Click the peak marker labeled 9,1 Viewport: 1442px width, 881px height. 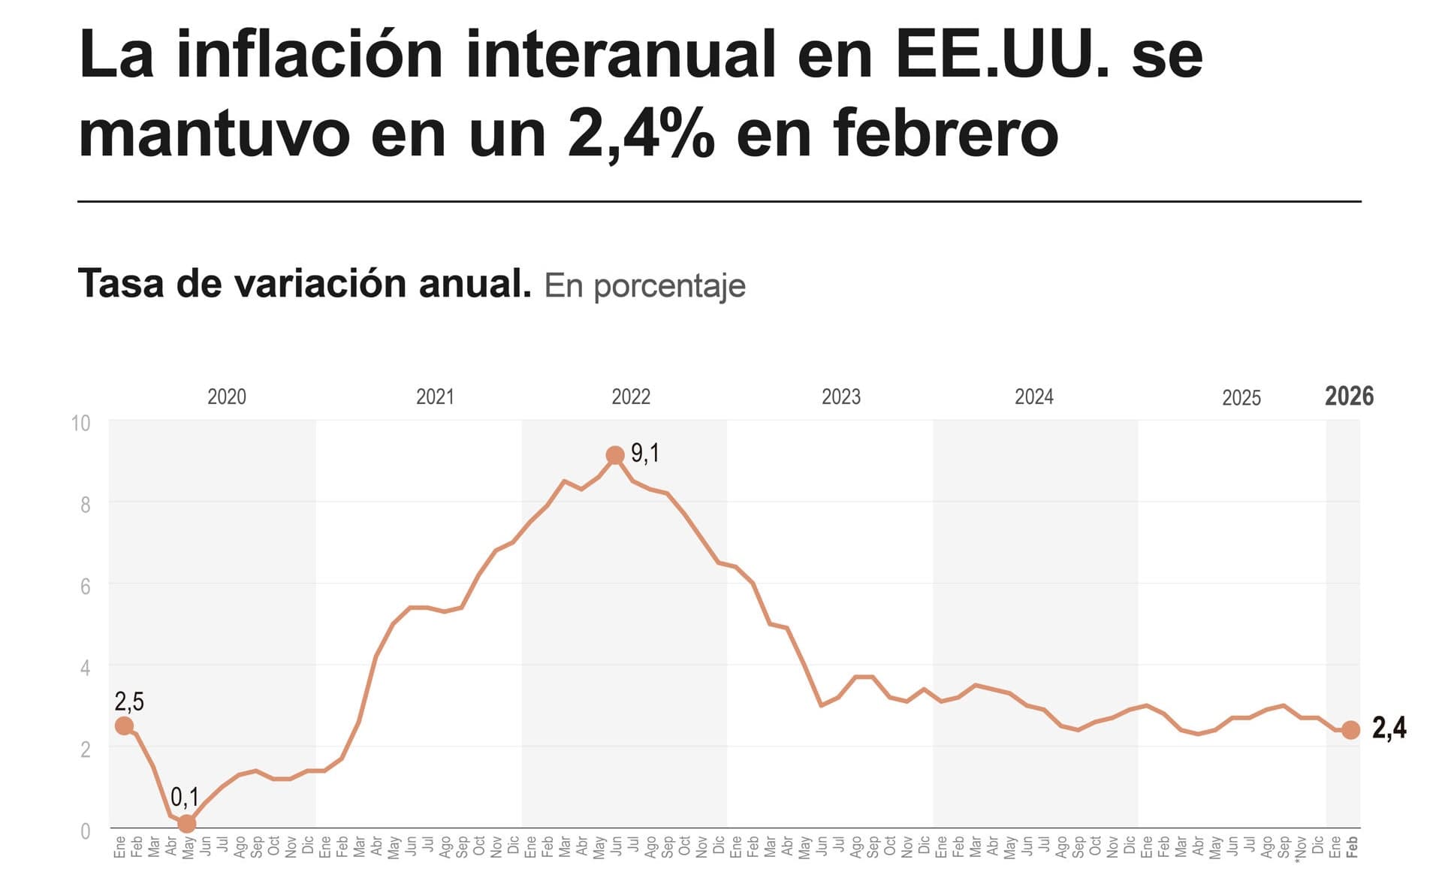(615, 455)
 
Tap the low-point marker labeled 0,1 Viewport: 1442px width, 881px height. (187, 824)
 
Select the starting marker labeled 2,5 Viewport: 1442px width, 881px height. (125, 726)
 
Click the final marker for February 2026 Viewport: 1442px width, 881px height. (1350, 730)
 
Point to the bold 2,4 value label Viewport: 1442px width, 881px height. (1389, 728)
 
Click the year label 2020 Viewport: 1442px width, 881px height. (226, 397)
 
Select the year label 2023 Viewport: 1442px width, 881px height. (840, 397)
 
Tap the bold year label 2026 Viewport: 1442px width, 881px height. (1349, 396)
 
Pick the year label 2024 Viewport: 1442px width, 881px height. (1033, 397)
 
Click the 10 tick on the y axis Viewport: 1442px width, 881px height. (80, 424)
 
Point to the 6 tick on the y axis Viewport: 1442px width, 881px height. (85, 587)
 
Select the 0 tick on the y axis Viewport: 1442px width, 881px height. (85, 831)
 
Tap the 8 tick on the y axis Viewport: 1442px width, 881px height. (85, 505)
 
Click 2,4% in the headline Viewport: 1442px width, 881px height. (641, 134)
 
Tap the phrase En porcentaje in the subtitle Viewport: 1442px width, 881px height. (644, 286)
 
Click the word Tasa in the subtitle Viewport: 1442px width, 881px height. (120, 284)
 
